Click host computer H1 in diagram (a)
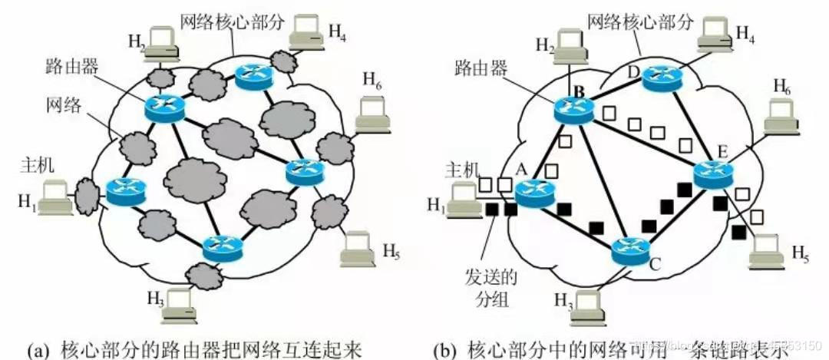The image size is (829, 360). [55, 197]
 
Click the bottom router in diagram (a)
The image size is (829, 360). [223, 247]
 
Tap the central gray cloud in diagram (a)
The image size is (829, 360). [196, 178]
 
